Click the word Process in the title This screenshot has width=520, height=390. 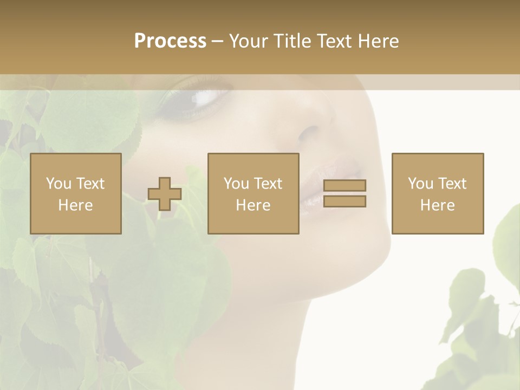tap(170, 41)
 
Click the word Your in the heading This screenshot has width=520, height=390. tap(248, 41)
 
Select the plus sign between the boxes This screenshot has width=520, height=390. tap(165, 194)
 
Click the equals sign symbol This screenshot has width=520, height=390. tap(344, 193)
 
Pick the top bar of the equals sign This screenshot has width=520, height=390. tap(344, 185)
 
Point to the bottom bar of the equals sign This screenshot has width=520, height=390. tap(344, 201)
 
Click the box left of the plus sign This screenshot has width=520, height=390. tap(76, 193)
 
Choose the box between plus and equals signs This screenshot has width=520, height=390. tap(253, 193)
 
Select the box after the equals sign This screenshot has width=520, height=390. tap(438, 193)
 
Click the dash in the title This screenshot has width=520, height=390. tap(217, 41)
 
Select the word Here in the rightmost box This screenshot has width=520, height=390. tap(438, 205)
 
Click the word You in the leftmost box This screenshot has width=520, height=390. tap(58, 184)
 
